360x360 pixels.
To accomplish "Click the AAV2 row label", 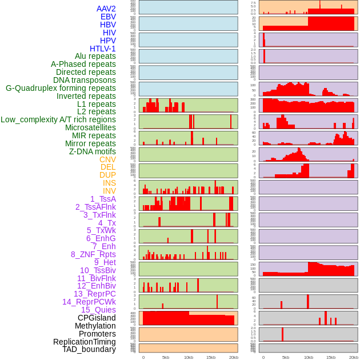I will point(106,9).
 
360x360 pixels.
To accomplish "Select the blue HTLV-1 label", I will point(103,49).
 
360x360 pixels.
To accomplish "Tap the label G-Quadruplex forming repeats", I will point(61,88).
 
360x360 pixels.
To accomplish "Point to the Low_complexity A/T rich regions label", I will point(58,119).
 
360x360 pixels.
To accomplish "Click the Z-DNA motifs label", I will point(93,151).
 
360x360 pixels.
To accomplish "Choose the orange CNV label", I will point(107,159).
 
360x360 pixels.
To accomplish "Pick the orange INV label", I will point(109,191).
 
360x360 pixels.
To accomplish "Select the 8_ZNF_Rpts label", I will point(93,254).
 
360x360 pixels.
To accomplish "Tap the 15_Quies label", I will point(98,310).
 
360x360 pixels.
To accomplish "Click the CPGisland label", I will point(97,318).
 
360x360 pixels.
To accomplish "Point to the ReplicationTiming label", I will point(85,342).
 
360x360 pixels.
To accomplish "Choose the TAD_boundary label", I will point(89,349).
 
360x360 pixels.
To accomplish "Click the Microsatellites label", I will point(90,127).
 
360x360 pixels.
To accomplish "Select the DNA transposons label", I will point(85,80).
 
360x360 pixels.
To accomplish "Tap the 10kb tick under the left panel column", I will point(189,357).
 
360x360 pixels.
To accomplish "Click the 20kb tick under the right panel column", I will point(354,357).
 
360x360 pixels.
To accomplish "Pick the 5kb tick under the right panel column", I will point(286,357).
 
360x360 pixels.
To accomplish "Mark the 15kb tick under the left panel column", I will point(211,357).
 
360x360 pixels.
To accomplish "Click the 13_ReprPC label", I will point(95,294).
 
